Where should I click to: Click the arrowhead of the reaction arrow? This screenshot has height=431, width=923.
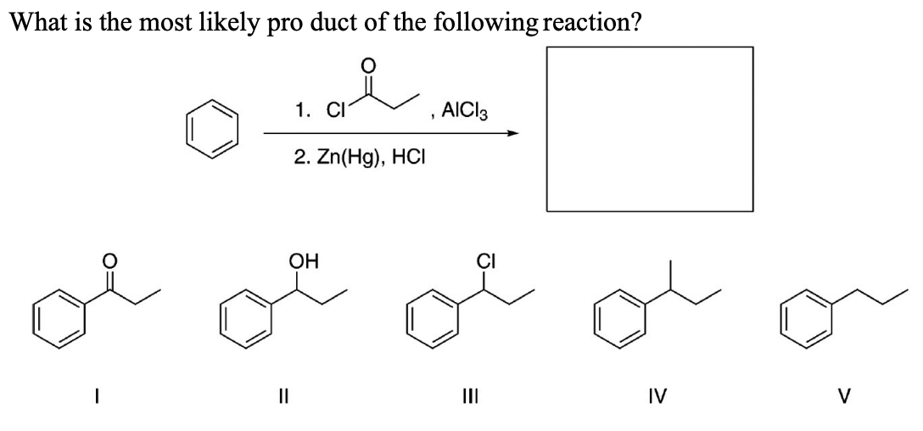coord(511,132)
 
